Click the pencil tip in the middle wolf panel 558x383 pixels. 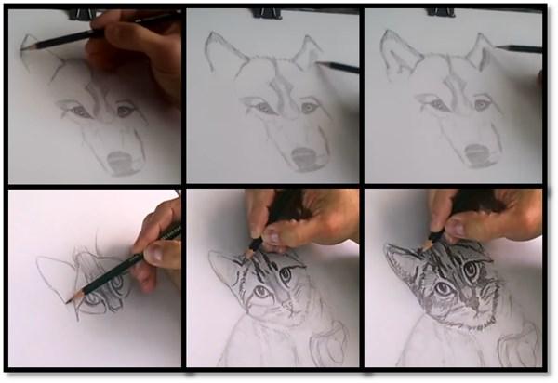[x=318, y=63]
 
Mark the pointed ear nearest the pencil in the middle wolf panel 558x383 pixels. [x=303, y=56]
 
